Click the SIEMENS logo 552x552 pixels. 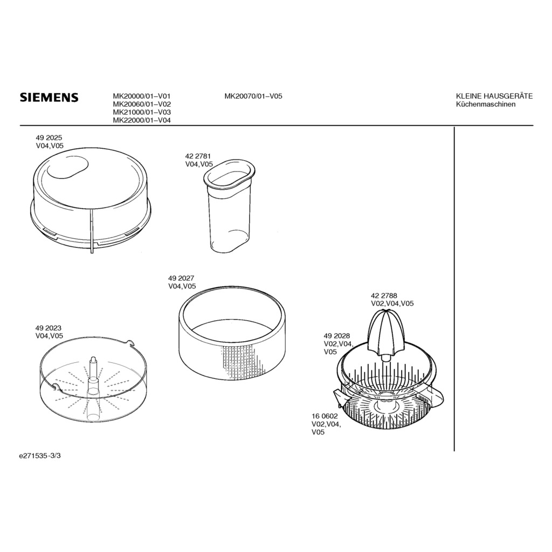tap(49, 98)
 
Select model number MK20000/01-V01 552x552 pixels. tap(142, 96)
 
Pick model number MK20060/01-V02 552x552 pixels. tap(142, 104)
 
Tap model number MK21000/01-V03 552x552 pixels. tap(142, 112)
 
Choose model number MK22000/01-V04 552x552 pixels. tap(142, 120)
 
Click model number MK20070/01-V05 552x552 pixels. tap(253, 96)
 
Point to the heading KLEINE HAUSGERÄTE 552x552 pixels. tap(494, 96)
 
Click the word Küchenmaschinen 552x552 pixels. tap(486, 104)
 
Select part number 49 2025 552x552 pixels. tap(49, 138)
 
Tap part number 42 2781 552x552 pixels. tap(198, 156)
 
